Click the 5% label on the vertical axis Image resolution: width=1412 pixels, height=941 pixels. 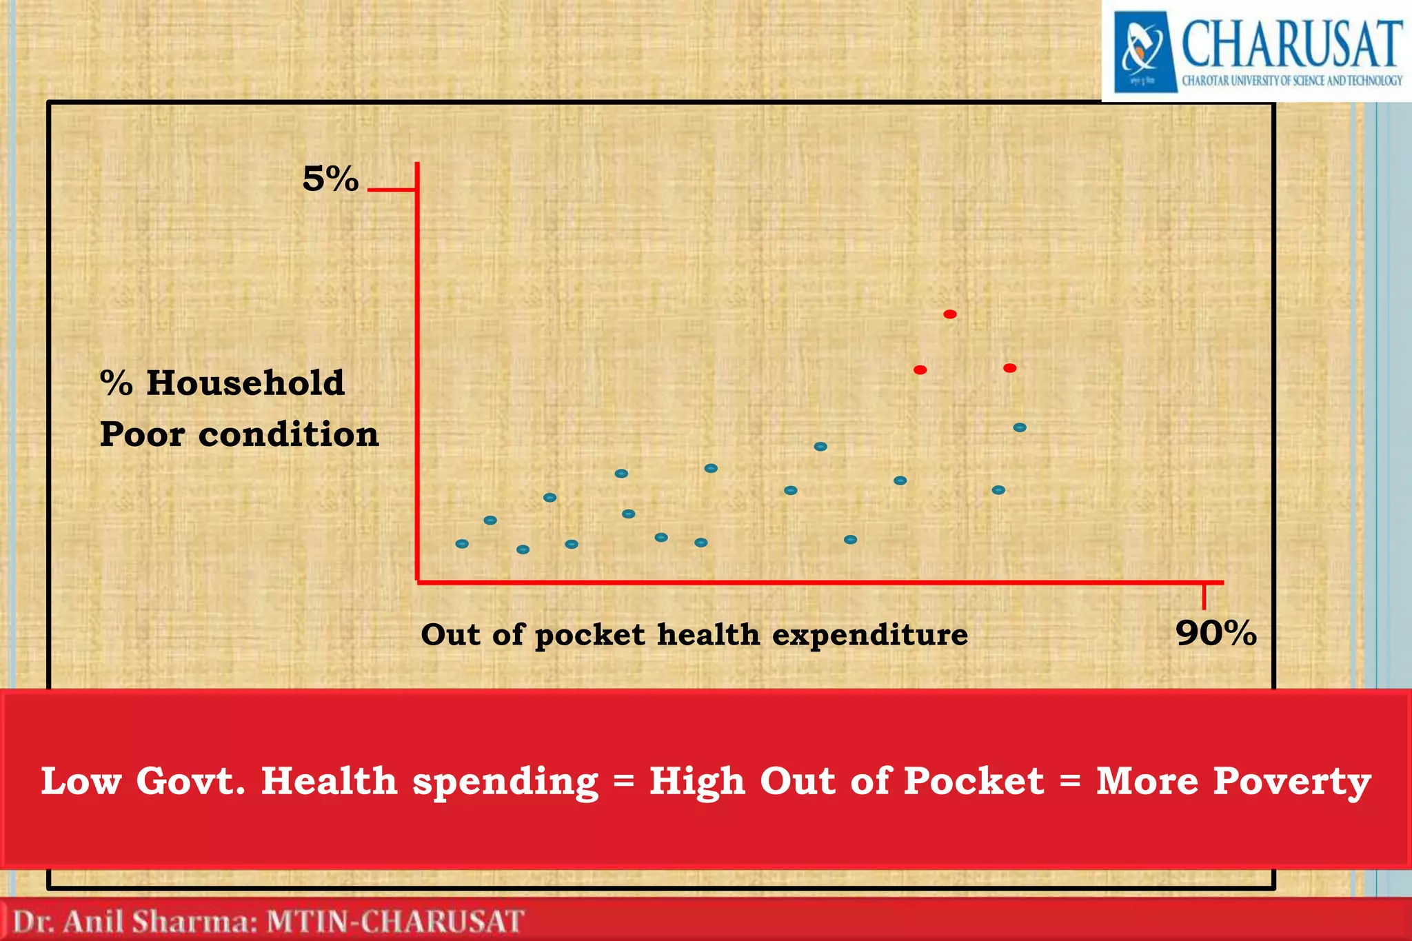tap(330, 179)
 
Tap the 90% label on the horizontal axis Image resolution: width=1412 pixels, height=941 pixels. tap(1216, 633)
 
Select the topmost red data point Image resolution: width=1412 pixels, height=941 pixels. tap(949, 314)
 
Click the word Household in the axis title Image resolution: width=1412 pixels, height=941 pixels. tap(245, 383)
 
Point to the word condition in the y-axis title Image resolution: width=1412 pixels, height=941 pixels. tap(288, 435)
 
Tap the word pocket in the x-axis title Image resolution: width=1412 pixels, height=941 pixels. tap(589, 635)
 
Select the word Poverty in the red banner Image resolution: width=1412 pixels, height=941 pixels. tap(1291, 782)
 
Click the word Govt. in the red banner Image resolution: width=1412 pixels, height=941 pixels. tap(190, 782)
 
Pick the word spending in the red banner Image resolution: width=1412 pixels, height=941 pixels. tap(505, 782)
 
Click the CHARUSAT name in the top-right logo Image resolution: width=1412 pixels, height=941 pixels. tap(1292, 43)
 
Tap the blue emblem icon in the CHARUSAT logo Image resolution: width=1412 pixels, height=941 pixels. tap(1145, 52)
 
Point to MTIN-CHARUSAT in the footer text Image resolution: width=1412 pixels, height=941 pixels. tap(395, 922)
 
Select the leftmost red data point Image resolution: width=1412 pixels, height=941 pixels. tap(920, 370)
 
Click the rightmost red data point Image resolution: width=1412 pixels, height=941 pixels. tap(1009, 368)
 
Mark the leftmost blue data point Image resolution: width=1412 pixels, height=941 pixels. tap(462, 544)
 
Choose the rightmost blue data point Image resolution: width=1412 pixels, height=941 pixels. tap(1020, 427)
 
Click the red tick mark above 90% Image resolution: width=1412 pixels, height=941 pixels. tap(1204, 596)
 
